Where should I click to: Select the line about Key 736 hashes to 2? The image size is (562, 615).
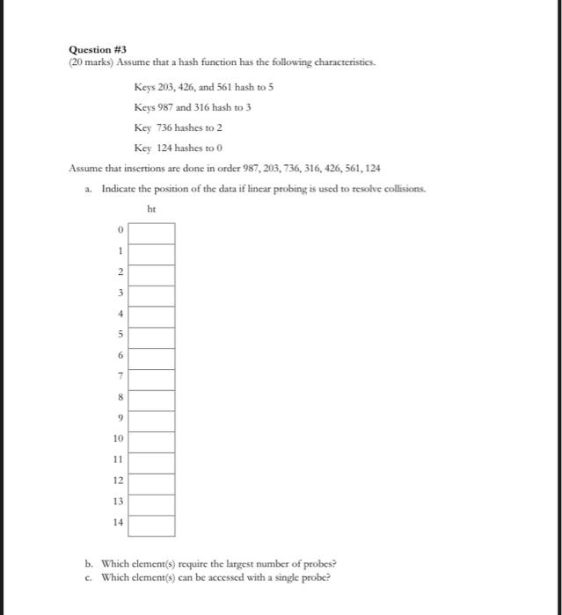172,127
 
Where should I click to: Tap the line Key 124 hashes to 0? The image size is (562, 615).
172,148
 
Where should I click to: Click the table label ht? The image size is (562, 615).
151,209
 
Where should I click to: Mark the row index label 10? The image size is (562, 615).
118,438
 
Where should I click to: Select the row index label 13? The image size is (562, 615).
118,501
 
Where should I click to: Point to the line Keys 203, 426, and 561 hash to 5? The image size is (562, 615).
206,87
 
